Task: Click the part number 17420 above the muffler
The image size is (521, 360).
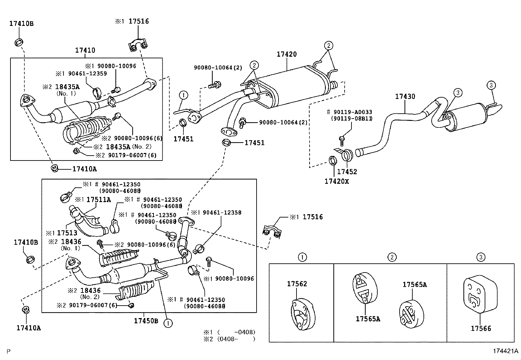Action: (x=286, y=54)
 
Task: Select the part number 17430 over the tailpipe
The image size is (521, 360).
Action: (x=405, y=96)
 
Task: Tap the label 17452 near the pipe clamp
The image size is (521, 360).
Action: (x=347, y=172)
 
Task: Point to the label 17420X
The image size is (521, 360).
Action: (x=336, y=181)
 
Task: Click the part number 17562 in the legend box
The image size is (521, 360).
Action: (x=297, y=284)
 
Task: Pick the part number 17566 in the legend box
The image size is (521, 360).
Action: (x=481, y=328)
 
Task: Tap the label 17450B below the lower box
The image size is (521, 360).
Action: (x=146, y=321)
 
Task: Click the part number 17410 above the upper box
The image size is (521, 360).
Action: (x=85, y=50)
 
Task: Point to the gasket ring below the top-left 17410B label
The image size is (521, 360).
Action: (x=19, y=42)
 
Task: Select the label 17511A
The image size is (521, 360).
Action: (x=98, y=199)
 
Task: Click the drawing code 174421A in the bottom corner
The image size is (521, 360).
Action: (x=505, y=351)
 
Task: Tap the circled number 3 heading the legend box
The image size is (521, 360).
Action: (x=480, y=257)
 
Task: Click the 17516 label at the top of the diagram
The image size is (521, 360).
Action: (x=138, y=21)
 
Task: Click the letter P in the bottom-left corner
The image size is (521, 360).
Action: (x=9, y=351)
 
